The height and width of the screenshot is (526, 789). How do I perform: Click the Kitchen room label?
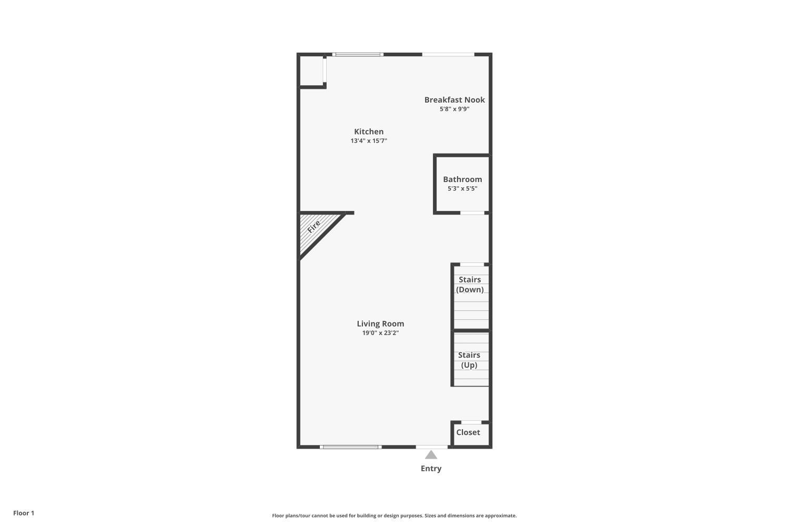(369, 131)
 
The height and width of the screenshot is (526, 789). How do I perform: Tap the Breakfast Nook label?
(454, 100)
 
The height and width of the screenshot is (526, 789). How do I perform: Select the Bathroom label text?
(462, 179)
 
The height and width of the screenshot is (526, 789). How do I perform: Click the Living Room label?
(380, 324)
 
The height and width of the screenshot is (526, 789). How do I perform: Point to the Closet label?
(468, 432)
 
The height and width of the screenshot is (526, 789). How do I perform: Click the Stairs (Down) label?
(470, 285)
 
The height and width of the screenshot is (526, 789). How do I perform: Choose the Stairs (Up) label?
(469, 360)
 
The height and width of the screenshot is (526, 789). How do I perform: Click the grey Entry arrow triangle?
(431, 455)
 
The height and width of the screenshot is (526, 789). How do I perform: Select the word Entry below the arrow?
(431, 469)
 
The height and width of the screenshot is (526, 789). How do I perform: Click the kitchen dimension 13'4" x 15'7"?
(369, 141)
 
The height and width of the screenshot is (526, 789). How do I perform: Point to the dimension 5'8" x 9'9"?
(454, 109)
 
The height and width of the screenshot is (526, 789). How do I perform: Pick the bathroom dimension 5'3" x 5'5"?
(462, 189)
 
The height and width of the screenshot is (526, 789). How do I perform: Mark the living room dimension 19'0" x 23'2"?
(380, 333)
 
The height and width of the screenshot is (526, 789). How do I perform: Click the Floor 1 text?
(24, 513)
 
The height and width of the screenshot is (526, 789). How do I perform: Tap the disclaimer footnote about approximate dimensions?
(394, 516)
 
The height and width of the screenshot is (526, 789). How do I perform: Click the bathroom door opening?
(472, 213)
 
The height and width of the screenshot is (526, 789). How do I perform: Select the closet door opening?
(471, 422)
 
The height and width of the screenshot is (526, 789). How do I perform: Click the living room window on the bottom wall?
(350, 447)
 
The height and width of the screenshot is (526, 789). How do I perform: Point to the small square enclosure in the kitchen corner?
(311, 70)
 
